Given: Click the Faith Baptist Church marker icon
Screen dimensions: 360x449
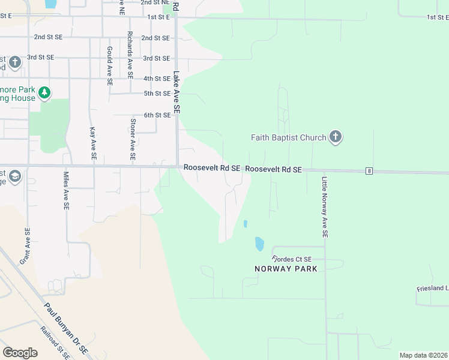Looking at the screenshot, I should tap(336, 137).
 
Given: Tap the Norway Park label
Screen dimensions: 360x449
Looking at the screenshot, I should tap(286, 269).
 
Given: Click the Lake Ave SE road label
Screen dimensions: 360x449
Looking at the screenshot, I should tap(176, 93).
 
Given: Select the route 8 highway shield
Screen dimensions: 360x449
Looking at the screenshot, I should tap(369, 172).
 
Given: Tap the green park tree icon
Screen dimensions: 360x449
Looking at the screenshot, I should tap(44, 93).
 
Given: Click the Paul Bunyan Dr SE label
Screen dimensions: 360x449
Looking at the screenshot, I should tap(66, 326).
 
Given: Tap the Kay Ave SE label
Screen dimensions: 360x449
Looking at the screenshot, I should tap(93, 143).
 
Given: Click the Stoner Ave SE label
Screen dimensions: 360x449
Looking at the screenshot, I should tap(133, 139).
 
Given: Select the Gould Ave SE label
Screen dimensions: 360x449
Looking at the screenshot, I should tap(110, 66).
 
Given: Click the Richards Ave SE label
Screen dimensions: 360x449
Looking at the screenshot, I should tap(130, 53).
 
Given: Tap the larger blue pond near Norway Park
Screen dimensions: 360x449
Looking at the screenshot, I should tap(259, 244).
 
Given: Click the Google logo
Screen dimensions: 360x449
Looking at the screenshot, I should tap(20, 353).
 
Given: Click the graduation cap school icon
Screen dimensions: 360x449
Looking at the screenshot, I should tap(15, 176).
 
